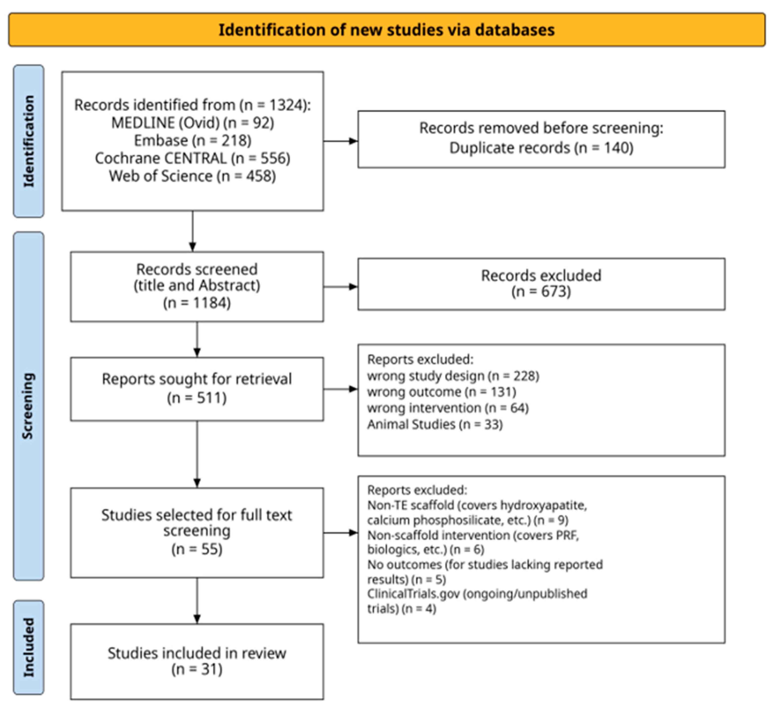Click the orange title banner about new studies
click(386, 30)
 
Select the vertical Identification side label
click(29, 141)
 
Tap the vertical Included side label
click(29, 647)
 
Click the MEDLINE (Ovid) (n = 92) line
click(192, 123)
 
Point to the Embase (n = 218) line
click(192, 140)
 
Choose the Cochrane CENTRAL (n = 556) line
click(192, 158)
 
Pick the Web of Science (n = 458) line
click(192, 176)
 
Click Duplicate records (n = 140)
click(541, 148)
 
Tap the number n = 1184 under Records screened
click(197, 303)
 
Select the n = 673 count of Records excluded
click(541, 291)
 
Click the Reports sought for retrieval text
click(197, 379)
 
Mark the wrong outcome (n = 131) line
click(442, 392)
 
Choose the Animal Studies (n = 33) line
click(435, 424)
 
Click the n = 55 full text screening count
click(197, 549)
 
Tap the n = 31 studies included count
click(197, 669)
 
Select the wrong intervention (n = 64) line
click(448, 408)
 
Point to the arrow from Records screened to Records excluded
click(341, 287)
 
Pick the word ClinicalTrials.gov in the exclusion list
click(413, 594)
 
